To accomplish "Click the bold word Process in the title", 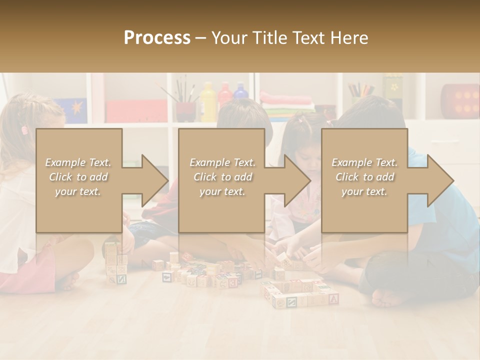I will [x=157, y=37].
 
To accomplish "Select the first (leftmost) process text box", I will [x=78, y=180].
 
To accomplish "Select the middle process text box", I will [x=221, y=180].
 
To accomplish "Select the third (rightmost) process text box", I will [x=364, y=180].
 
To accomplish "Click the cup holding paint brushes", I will [x=185, y=110].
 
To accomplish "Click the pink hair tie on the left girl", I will [x=23, y=130].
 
